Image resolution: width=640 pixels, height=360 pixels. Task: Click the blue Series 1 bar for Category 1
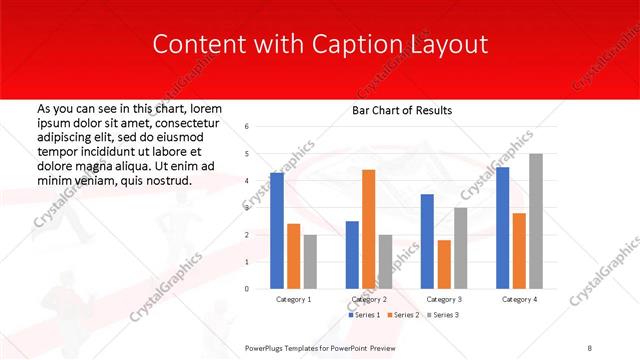pos(277,231)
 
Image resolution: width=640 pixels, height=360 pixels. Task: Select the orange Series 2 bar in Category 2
pos(368,229)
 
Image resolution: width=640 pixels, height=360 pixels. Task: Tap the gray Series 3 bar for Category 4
pos(536,221)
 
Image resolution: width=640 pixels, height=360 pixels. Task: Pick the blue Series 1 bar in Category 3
pos(427,241)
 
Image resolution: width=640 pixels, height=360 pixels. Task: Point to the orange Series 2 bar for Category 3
pos(444,264)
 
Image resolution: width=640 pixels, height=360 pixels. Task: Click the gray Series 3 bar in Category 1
pos(310,262)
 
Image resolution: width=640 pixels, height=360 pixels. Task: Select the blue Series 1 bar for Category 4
pos(502,228)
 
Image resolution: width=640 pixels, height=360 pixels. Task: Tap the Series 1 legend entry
pos(364,315)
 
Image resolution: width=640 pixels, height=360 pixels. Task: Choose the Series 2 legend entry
pos(402,315)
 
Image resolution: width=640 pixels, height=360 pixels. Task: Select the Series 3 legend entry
pos(441,315)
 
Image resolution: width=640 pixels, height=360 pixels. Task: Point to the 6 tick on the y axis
pos(247,127)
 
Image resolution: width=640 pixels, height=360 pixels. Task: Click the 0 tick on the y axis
pos(247,289)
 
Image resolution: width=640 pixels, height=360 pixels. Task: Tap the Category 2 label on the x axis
pos(369,299)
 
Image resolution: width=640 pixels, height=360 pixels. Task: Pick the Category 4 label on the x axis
pos(519,299)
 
